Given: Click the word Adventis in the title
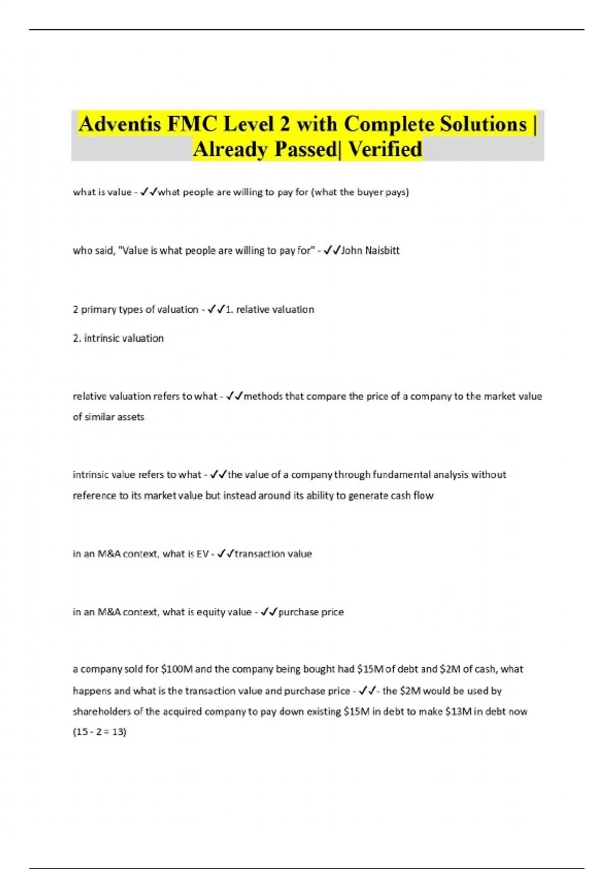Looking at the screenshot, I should coord(120,124).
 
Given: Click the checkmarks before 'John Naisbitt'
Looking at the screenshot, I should coord(332,250).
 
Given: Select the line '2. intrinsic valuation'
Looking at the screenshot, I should coord(118,338).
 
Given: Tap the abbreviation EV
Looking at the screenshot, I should coord(202,554).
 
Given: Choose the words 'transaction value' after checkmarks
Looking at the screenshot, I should coord(273,554).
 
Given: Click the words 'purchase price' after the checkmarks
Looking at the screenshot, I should coord(311,612).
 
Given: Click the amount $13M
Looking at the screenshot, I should coord(458,712).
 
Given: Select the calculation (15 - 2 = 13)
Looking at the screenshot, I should coord(99,732).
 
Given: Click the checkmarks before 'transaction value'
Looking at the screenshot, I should coord(226,554).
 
